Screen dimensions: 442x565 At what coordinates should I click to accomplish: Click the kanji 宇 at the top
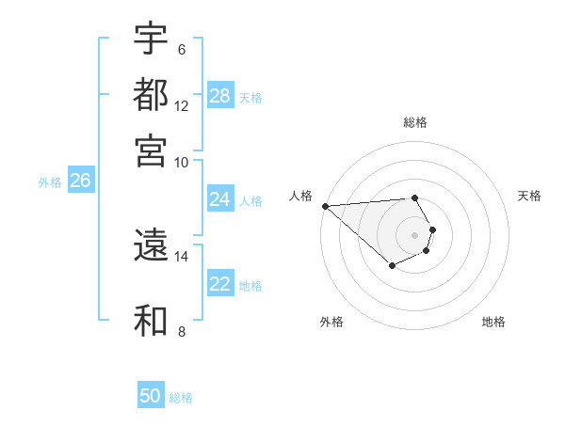click(x=151, y=39)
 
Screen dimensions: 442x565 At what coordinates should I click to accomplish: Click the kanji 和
click(x=151, y=320)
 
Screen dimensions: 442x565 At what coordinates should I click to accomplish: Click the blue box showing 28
click(x=220, y=96)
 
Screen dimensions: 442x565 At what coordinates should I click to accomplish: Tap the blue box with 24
click(x=220, y=199)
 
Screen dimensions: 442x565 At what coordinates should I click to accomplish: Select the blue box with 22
click(x=220, y=284)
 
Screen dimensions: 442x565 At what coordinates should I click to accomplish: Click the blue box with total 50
click(x=151, y=396)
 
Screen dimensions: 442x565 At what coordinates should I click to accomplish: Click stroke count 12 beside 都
click(x=182, y=106)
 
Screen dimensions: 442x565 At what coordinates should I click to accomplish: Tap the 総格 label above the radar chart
click(x=414, y=122)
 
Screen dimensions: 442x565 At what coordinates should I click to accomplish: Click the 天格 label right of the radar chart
click(x=529, y=196)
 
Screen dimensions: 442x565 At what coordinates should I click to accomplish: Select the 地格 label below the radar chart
click(x=493, y=322)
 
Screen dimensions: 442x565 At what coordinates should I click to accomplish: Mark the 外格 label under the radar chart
click(x=331, y=322)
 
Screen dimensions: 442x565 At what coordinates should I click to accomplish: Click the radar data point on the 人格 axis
click(x=325, y=206)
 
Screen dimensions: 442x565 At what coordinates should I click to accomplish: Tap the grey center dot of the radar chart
click(x=414, y=234)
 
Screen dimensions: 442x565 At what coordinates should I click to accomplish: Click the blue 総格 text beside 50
click(x=181, y=398)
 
